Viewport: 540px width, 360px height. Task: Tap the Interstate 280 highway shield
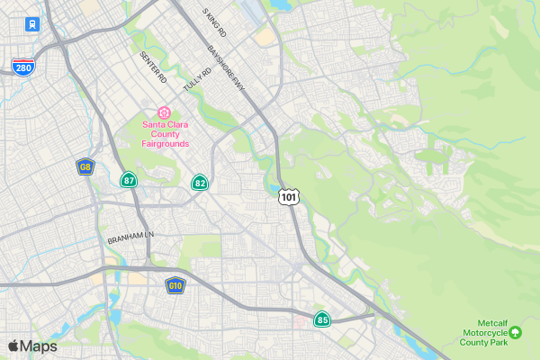coord(24,67)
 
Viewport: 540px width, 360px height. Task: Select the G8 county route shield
coord(85,166)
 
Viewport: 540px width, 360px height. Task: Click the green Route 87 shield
coord(130,180)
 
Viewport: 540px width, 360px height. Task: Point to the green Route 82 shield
coord(200,183)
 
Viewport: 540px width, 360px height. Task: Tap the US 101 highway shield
coord(288,196)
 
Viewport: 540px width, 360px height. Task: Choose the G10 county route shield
coord(175,285)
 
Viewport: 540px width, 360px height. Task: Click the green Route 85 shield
coord(322,319)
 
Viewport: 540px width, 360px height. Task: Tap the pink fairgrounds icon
coord(164,112)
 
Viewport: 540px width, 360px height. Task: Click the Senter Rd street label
coord(154,67)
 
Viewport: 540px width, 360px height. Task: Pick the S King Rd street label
coord(215,22)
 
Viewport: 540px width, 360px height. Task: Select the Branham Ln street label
coord(131,239)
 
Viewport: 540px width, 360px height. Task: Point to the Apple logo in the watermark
coord(13,346)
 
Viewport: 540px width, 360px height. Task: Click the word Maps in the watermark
coord(39,346)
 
